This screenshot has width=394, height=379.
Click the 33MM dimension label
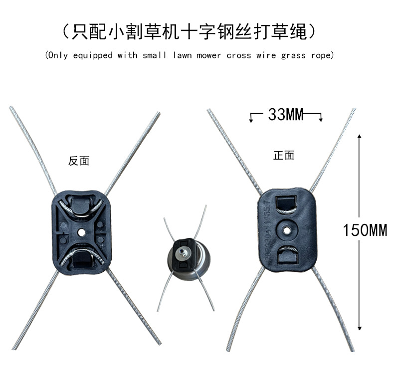click(x=286, y=115)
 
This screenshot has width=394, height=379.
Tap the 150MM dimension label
click(x=365, y=230)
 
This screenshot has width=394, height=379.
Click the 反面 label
click(x=79, y=161)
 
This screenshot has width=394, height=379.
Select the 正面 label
click(x=284, y=156)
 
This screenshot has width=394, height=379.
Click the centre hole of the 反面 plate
click(x=81, y=232)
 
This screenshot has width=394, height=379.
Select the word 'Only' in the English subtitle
click(x=59, y=55)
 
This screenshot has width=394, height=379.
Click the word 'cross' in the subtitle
click(x=238, y=55)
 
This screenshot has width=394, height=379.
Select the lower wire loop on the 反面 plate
click(x=80, y=255)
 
